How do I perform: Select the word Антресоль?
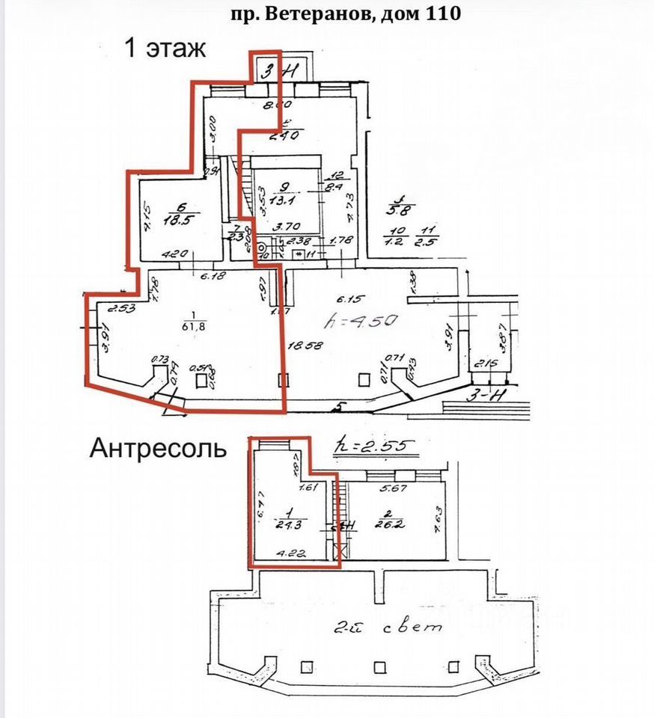158,448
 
